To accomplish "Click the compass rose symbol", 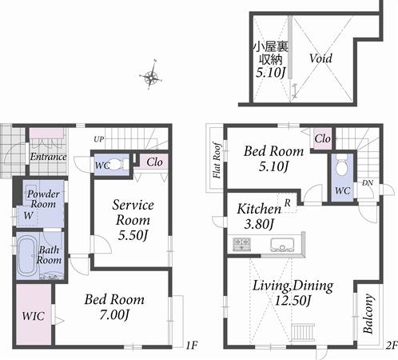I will click(150, 78).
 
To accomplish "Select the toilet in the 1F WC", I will click(117, 164).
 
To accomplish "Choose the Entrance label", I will click(47, 156).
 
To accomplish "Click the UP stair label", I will click(98, 138).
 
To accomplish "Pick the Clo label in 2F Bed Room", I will click(321, 139).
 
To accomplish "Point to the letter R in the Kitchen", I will click(287, 202).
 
